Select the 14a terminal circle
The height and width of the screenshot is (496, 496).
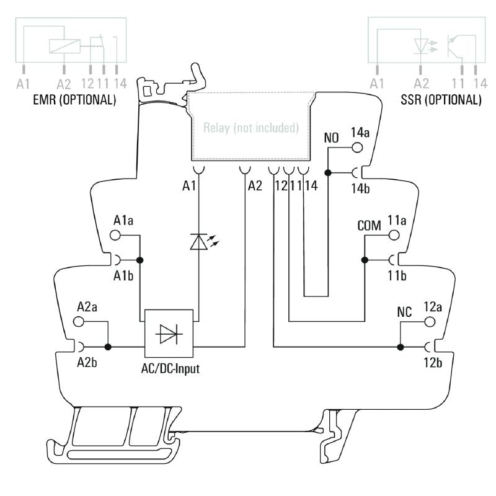357,148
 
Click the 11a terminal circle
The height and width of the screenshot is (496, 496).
393,235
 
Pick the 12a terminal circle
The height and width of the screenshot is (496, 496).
428,322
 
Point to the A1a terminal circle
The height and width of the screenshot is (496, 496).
115,235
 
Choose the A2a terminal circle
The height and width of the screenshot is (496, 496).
79,321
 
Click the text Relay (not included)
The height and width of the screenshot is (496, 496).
251,128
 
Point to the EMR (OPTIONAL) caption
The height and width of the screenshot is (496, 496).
66,99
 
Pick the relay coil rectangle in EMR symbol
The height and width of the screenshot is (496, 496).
64,45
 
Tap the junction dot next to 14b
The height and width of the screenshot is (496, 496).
329,172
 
